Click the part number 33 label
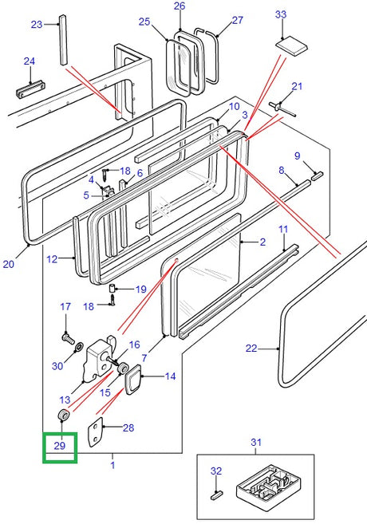point(281,14)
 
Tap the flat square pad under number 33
point(291,45)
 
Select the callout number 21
point(297,86)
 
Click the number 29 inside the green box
point(60,446)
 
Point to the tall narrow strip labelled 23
point(63,39)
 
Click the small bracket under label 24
point(30,89)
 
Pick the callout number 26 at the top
point(180,6)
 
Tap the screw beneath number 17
point(68,338)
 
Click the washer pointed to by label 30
point(79,347)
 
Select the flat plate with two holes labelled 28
point(95,431)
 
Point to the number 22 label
point(251,349)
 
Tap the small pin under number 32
point(216,494)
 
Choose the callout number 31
point(255,442)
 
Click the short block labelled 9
point(317,175)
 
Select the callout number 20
point(8,264)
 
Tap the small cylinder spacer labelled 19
point(112,288)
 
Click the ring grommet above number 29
point(64,416)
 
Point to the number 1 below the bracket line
point(112,465)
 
